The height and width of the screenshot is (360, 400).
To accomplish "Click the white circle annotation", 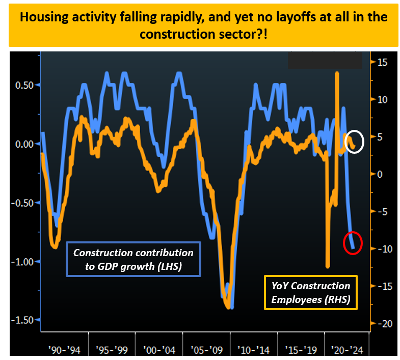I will pyautogui.click(x=356, y=141).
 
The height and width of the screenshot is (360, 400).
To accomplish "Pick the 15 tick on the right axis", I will pyautogui.click(x=383, y=62).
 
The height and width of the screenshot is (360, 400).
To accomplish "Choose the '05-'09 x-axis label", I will pyautogui.click(x=207, y=350).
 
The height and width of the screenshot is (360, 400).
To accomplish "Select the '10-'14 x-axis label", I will pyautogui.click(x=254, y=350).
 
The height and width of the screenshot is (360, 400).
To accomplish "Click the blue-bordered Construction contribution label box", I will pyautogui.click(x=133, y=259).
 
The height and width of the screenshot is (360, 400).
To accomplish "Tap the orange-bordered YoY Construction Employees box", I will pyautogui.click(x=310, y=292).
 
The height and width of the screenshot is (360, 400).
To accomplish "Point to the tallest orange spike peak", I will pyautogui.click(x=337, y=74).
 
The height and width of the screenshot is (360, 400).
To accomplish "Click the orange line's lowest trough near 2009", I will pyautogui.click(x=226, y=307).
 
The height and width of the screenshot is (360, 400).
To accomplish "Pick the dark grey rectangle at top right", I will pyautogui.click(x=325, y=60).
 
